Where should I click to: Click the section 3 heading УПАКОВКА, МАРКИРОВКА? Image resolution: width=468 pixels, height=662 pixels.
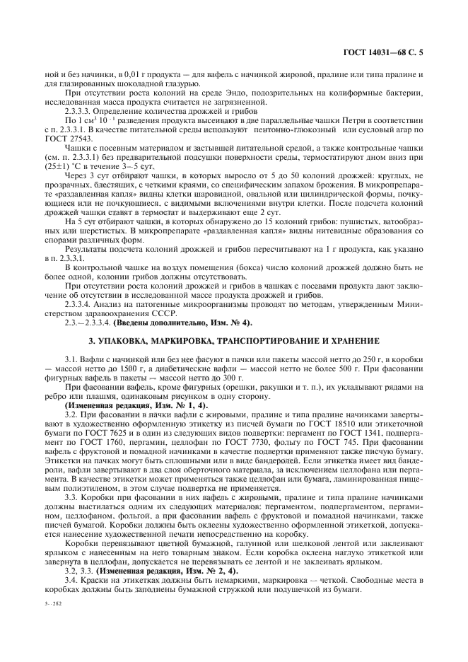234,341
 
